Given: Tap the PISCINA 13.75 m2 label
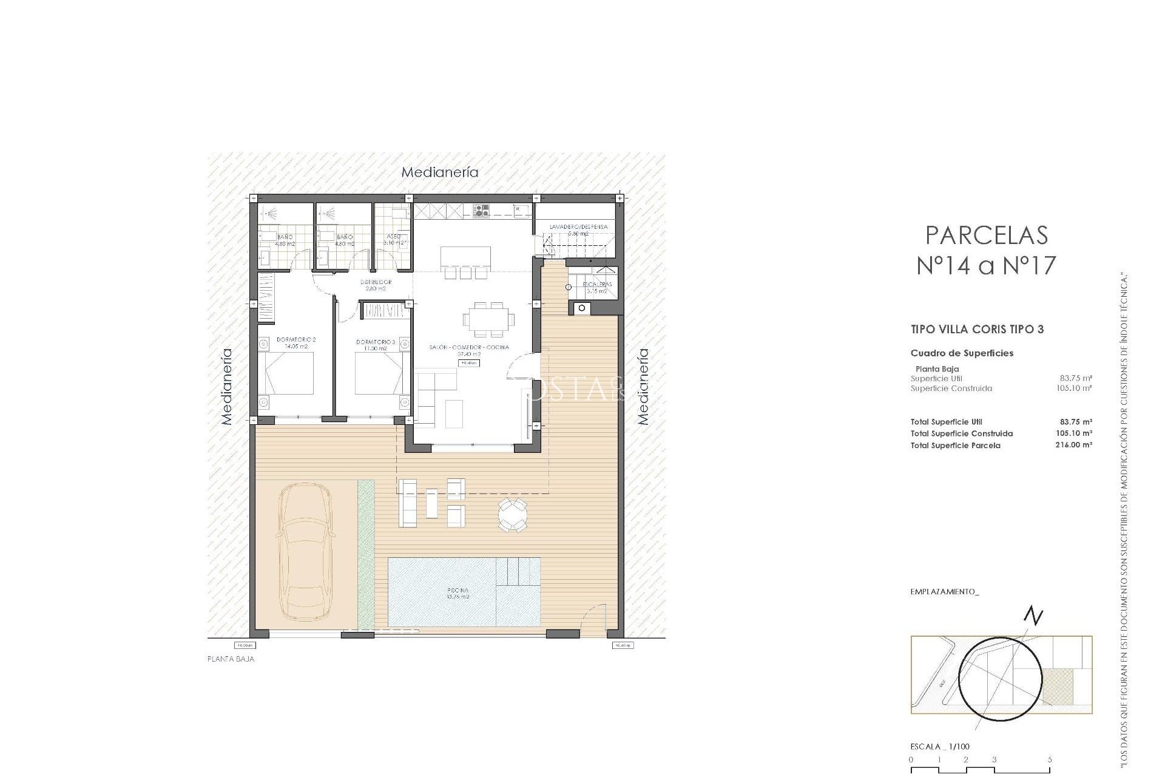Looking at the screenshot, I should pos(458,593).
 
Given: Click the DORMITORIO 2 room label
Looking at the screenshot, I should pos(296,343).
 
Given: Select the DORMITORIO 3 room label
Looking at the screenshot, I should pos(376,345).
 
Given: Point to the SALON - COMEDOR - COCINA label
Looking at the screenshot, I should pos(469,350).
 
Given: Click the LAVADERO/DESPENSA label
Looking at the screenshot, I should pos(578,229).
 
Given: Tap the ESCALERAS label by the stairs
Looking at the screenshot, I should pos(597,287).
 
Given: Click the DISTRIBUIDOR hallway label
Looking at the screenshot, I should pos(376,285).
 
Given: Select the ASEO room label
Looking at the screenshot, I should pos(393,240).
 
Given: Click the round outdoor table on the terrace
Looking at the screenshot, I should pos(513,515).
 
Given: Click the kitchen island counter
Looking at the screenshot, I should pos(465,256).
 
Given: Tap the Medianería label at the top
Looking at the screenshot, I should pos(440,172).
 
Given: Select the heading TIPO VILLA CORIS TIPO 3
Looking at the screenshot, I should pos(977,330).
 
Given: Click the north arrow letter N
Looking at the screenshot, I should pos(1033,617).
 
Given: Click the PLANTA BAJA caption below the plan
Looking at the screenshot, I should pos(231,659).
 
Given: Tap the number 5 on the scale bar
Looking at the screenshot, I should pos(1049,759).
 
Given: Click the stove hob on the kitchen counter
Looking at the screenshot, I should pos(482,211).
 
